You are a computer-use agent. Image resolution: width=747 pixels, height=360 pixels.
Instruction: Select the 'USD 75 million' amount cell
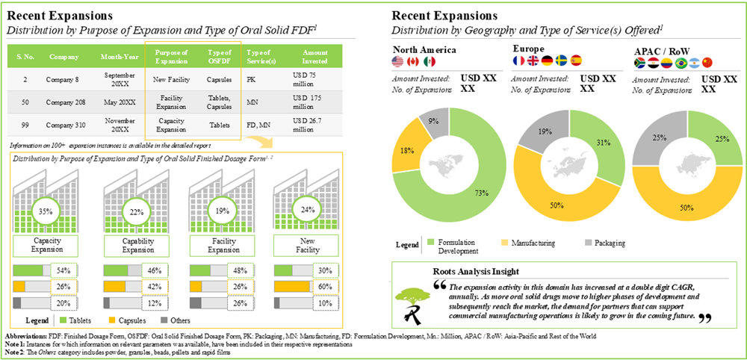[x=308, y=78]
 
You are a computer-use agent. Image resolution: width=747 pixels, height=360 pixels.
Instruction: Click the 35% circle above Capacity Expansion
[x=45, y=211]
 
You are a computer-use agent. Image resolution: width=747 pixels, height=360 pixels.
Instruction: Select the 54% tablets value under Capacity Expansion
[x=63, y=270]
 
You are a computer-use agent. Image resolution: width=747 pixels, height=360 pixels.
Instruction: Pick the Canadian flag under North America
[x=414, y=61]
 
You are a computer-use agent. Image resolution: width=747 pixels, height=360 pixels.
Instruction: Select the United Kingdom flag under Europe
[x=533, y=61]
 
